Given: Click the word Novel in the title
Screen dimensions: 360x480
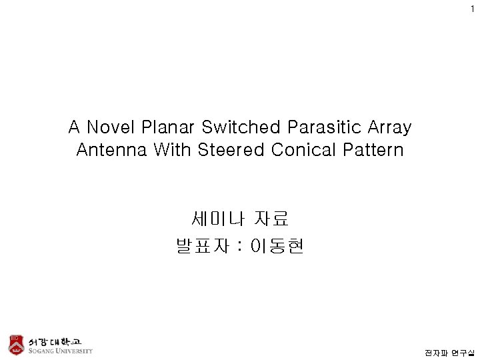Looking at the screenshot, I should coord(108,127).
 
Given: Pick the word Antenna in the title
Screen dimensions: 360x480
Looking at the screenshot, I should coord(111,150).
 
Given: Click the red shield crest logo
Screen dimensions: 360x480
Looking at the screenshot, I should coord(15,344).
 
